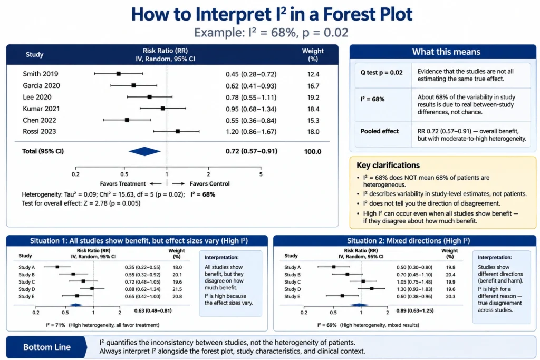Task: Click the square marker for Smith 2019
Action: (119, 74)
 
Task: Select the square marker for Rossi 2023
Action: (178, 131)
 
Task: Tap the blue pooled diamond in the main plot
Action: (144, 151)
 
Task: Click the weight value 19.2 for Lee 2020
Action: (313, 98)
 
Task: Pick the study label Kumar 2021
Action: (41, 109)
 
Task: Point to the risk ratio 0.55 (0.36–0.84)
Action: (251, 121)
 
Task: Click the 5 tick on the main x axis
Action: (261, 174)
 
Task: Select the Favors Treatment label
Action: (122, 184)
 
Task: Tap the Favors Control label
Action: (210, 184)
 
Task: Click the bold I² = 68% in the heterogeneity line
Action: (203, 194)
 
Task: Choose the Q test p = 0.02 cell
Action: (382, 73)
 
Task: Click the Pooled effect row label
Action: (380, 131)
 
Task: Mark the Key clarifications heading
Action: (388, 165)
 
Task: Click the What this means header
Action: (446, 52)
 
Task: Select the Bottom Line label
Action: (47, 347)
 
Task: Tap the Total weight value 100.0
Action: (313, 151)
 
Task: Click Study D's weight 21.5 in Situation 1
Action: (177, 289)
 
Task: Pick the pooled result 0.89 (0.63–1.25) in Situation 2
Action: (414, 310)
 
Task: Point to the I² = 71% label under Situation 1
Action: (56, 325)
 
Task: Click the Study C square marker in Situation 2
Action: (363, 281)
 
